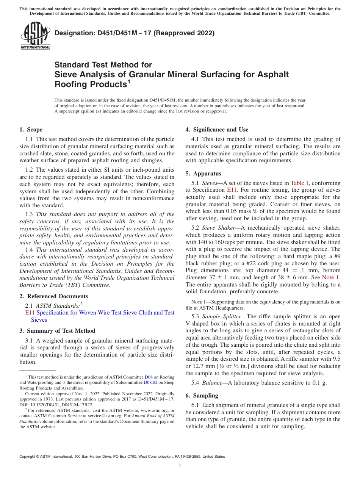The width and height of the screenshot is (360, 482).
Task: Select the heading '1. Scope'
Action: pyautogui.click(x=31, y=130)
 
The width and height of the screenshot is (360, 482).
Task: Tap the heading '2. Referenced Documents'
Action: pyautogui.click(x=53, y=296)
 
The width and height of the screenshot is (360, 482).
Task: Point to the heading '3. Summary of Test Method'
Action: pyautogui.click(x=57, y=331)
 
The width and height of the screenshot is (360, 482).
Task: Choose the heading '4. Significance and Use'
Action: pyautogui.click(x=217, y=130)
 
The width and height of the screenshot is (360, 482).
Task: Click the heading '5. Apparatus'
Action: pyautogui.click(x=203, y=174)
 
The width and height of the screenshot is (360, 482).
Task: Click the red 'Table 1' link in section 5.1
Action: pyautogui.click(x=300, y=183)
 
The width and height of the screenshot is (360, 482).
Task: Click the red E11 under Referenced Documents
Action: pyautogui.click(x=30, y=313)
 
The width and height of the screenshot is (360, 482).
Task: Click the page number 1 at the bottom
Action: pyautogui.click(x=180, y=466)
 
